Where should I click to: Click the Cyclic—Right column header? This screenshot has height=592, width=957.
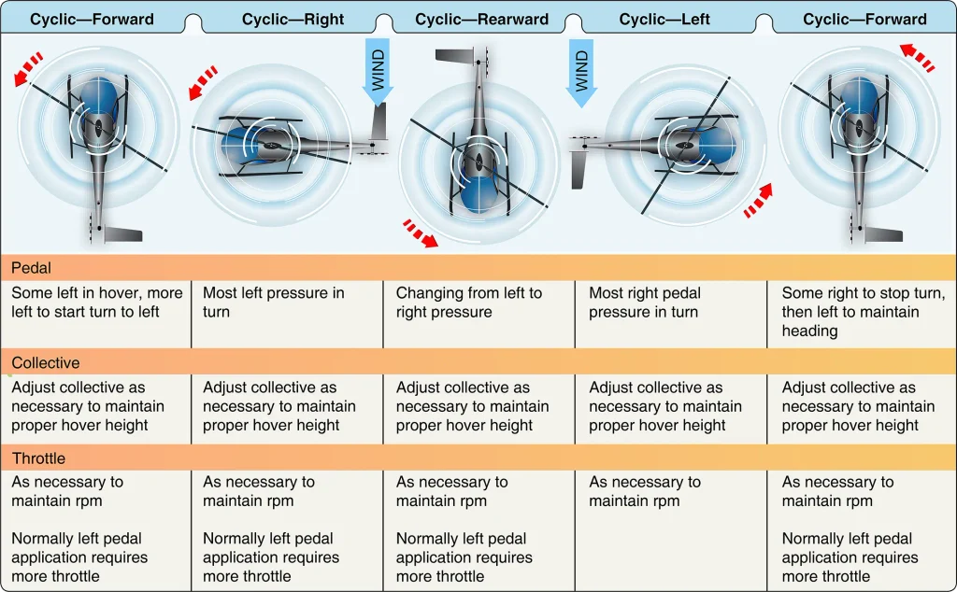(x=293, y=20)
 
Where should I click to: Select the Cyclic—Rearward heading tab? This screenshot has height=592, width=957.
(x=481, y=20)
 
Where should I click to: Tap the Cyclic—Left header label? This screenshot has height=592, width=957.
(x=664, y=20)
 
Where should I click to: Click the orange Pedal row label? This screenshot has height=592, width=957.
(x=31, y=268)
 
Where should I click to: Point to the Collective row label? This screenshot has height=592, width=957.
(x=46, y=362)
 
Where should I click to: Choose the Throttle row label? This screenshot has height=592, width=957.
(x=38, y=458)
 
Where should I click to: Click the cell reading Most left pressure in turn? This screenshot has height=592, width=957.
(x=274, y=303)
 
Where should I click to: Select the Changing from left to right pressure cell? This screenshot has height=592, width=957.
(x=469, y=303)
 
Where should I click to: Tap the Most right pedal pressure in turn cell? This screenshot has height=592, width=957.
(x=645, y=303)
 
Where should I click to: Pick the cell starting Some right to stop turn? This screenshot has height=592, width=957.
(x=863, y=312)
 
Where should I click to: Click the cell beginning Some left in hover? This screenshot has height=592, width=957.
(x=96, y=303)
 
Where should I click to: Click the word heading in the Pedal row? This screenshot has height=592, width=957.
(x=809, y=331)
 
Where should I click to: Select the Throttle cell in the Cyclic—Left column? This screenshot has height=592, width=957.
(x=645, y=491)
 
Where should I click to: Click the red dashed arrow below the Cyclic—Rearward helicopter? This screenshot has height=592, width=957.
(x=421, y=234)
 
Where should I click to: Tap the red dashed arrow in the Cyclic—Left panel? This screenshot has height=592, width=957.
(x=759, y=201)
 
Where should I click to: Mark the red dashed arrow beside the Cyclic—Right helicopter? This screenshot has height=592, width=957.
(x=203, y=82)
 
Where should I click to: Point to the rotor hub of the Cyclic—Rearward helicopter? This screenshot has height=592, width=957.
(x=479, y=161)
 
